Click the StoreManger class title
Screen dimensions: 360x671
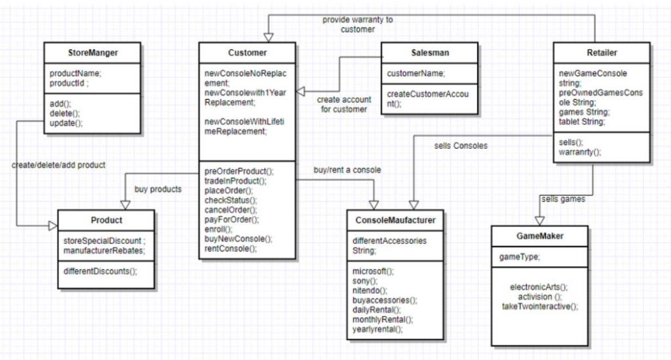93,52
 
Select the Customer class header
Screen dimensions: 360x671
247,52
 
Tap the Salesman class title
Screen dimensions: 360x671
430,52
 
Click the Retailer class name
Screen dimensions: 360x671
602,52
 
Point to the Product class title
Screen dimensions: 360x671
106,220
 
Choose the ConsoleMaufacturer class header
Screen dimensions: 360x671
396,220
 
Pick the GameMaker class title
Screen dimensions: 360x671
539,235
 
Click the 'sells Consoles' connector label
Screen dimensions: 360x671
461,146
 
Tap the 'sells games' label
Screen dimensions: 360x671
563,199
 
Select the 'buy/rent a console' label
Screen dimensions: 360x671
347,170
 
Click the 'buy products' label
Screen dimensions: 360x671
158,189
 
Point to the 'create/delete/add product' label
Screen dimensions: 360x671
58,165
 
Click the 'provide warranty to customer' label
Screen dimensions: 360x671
357,24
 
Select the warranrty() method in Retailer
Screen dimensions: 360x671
580,152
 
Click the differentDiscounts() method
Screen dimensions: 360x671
100,271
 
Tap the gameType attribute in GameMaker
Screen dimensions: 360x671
518,257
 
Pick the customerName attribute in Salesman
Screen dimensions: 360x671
416,73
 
